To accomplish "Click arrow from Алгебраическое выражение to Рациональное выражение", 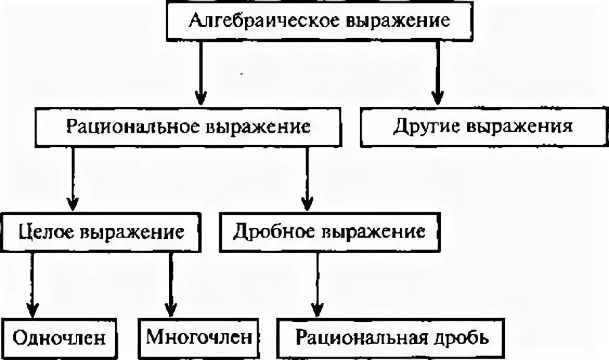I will (199, 74).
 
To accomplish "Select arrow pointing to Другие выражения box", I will (437, 74).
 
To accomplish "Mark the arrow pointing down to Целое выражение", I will (73, 179).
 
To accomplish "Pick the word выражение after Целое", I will (133, 233).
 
